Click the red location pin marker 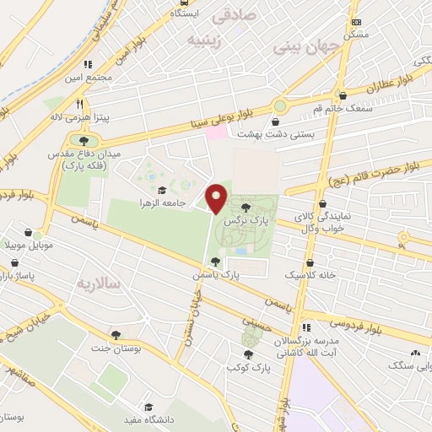pos(218,198)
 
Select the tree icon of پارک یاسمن pos(215,262)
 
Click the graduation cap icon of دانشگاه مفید pos(148,406)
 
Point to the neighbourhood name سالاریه pos(99,281)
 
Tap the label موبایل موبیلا pos(30,246)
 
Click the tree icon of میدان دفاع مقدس pos(83,140)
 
